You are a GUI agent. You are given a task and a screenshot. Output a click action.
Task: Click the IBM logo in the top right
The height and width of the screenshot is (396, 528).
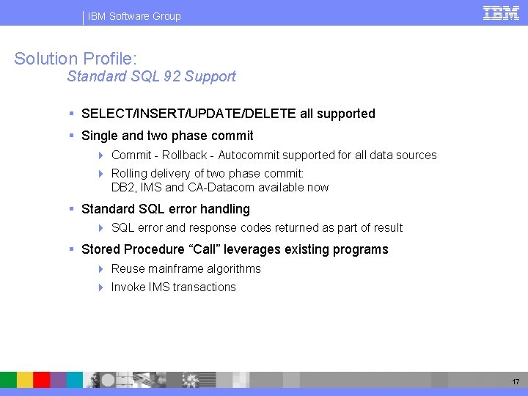coord(502,12)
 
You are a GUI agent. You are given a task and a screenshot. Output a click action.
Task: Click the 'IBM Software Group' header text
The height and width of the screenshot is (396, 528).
coord(134,16)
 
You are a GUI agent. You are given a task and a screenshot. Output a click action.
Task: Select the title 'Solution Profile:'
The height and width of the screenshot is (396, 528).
coord(76,59)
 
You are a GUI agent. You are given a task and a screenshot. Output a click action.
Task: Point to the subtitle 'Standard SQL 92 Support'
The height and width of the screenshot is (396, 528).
coord(151,76)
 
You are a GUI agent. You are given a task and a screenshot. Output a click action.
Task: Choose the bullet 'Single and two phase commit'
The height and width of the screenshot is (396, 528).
coord(167,136)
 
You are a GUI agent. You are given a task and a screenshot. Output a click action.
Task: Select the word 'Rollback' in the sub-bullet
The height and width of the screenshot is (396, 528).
coord(184,155)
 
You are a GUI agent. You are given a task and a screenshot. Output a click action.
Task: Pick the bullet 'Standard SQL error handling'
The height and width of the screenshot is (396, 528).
coord(166,209)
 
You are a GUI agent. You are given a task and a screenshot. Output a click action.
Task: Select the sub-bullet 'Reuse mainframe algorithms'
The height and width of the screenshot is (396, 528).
coord(186,269)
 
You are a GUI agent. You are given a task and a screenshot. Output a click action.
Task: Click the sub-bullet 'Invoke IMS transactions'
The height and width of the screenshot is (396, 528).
coord(173,287)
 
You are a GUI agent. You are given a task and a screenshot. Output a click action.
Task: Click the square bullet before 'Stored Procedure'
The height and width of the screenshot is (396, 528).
coord(72,249)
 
